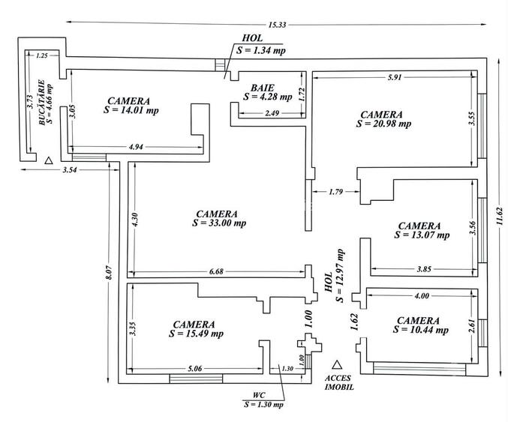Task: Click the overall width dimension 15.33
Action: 277,25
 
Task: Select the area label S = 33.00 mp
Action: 219,223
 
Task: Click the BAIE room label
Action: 263,88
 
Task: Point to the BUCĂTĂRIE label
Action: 41,102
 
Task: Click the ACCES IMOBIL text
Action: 339,382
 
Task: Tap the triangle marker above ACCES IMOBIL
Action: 337,365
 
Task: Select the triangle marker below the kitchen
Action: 49,160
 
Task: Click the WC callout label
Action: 259,395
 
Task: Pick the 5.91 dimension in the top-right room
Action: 395,77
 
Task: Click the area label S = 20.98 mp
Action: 384,124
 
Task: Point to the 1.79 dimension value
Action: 335,192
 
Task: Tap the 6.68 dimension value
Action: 216,271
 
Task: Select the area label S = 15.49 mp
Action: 196,334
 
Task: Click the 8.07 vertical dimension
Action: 110,273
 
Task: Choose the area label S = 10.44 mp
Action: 421,330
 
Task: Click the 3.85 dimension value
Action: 424,269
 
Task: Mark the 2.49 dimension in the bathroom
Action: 272,113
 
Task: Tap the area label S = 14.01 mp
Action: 131,110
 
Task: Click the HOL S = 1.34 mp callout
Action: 261,44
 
